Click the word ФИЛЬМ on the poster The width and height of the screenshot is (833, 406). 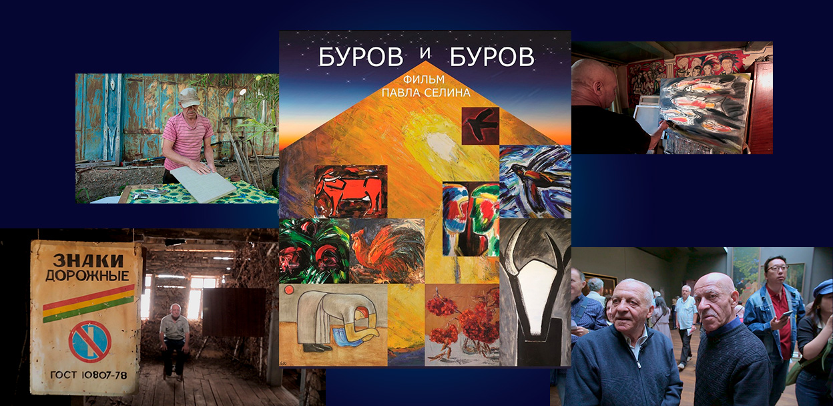point(424,79)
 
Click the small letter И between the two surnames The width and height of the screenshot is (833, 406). point(425,53)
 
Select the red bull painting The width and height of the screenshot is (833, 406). point(350,192)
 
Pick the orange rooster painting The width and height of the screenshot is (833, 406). point(387,251)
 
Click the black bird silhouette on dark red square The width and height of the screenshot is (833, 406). point(480,126)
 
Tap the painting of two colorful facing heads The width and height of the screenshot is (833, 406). point(471,219)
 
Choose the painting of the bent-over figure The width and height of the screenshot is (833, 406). point(333,325)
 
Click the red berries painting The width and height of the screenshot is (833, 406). point(462,325)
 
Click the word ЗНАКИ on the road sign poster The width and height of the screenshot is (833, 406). point(87,260)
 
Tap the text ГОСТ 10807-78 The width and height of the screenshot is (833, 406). point(89,375)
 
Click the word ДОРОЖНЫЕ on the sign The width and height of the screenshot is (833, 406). point(87,276)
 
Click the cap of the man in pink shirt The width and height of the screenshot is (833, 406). point(189,97)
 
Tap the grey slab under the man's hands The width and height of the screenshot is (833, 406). point(203,184)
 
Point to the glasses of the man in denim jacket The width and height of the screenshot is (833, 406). point(776,268)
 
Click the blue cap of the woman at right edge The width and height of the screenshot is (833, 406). point(823,288)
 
